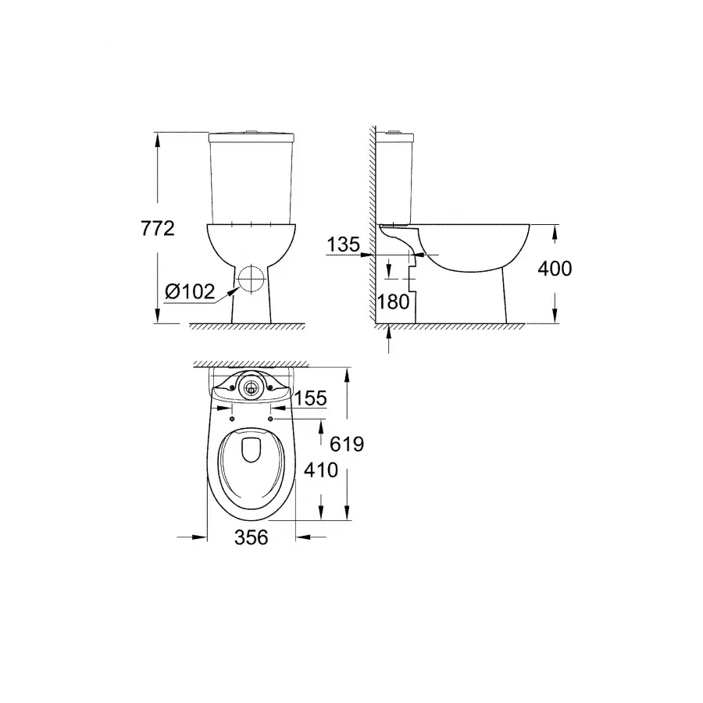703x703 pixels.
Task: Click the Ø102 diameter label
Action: (190, 291)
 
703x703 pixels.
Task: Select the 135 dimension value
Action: (343, 244)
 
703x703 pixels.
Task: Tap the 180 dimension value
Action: (393, 302)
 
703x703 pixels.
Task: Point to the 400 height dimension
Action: (555, 269)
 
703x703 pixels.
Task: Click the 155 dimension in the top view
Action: (311, 398)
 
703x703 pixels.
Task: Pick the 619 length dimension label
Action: (348, 444)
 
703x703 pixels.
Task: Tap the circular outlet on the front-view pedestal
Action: (252, 277)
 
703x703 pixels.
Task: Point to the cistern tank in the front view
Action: (252, 176)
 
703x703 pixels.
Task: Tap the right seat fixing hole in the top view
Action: (270, 419)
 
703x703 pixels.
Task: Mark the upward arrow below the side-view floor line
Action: (389, 337)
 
